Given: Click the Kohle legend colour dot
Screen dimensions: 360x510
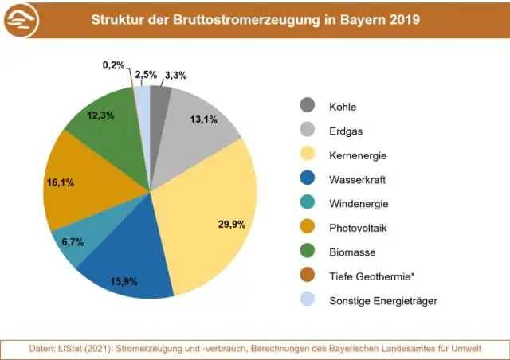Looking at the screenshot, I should pos(308,105).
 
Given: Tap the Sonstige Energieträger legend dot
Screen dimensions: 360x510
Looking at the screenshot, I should pos(308,300).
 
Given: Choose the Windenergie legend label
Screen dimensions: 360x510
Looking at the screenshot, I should pos(359,203).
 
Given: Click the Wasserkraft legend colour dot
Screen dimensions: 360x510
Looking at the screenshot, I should pos(308,178).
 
